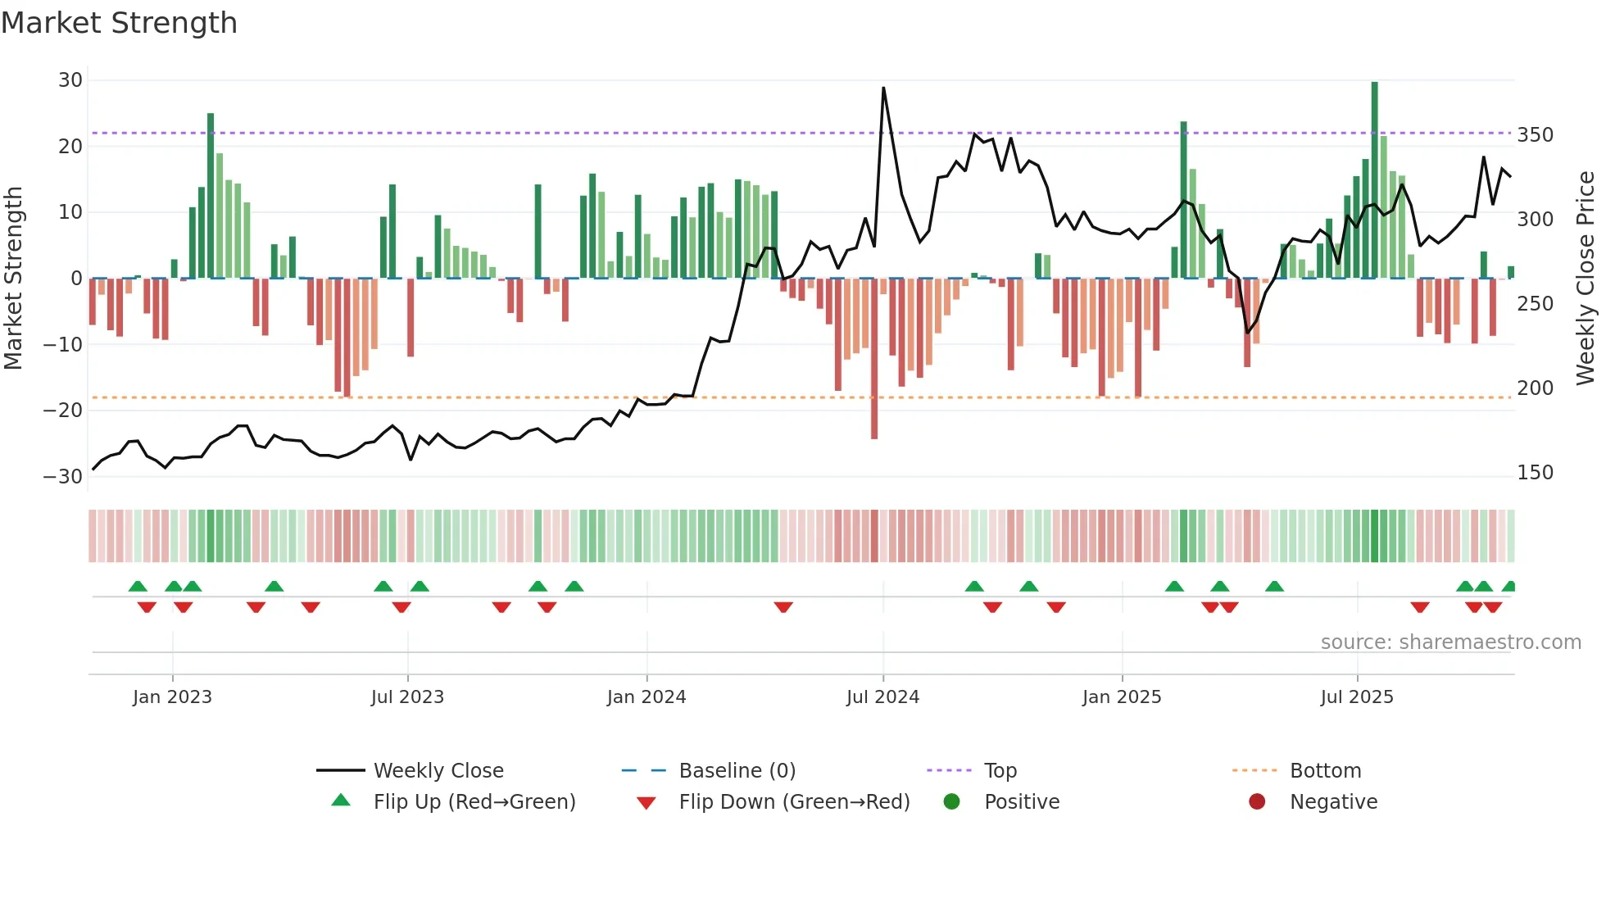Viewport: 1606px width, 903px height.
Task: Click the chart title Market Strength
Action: (119, 23)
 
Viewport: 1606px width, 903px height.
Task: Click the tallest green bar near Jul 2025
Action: (1374, 180)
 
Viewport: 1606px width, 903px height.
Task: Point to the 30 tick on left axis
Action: (70, 80)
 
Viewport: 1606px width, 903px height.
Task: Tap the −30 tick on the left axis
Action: (64, 476)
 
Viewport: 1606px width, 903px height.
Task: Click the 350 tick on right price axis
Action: (1535, 135)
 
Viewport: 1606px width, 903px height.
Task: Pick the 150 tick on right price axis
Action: (1535, 473)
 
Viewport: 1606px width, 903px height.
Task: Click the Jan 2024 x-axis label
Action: (646, 697)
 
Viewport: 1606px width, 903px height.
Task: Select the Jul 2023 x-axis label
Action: (407, 697)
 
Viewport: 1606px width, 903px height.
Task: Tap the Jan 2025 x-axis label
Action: (1122, 697)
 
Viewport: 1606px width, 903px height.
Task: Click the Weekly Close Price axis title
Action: (1586, 279)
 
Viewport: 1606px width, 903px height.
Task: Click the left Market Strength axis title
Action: (13, 279)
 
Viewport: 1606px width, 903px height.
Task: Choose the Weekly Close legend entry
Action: (438, 771)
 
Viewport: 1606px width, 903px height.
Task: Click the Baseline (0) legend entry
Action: (737, 771)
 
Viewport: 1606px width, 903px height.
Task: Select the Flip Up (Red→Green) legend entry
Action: (474, 802)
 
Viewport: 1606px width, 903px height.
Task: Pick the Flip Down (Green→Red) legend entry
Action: (793, 802)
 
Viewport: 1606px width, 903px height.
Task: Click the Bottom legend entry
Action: (1324, 771)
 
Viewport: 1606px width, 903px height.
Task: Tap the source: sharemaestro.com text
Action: (1450, 642)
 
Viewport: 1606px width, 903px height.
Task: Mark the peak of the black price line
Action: (883, 88)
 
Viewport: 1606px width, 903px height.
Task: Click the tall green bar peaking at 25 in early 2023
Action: (211, 197)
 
